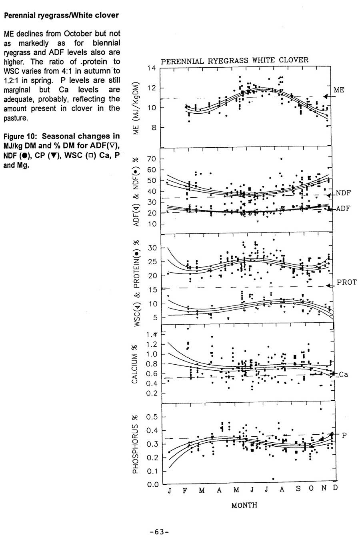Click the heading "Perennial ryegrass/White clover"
coord(61,16)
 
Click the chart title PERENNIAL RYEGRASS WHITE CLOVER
coord(234,60)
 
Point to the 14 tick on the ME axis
coord(151,68)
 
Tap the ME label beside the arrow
coord(339,90)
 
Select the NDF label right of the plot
coord(343,193)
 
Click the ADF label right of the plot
coord(343,209)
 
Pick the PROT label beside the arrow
coord(346,282)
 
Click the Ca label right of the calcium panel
coord(343,375)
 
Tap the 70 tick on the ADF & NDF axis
coord(151,159)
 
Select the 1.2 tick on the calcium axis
coord(151,345)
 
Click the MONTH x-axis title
coord(244,505)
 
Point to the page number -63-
coord(159,532)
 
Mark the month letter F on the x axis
coord(185,491)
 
